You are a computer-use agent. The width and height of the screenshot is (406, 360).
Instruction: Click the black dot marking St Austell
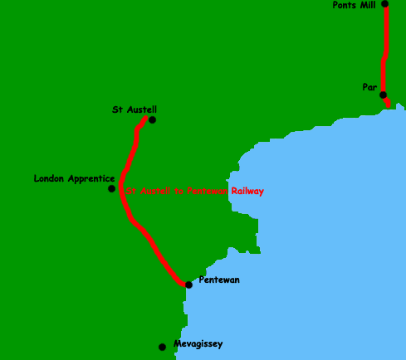152,119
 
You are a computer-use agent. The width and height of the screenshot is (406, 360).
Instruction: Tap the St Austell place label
135,109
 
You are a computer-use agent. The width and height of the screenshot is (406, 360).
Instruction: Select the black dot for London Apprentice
112,189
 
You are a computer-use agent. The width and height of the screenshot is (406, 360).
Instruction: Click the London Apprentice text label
74,178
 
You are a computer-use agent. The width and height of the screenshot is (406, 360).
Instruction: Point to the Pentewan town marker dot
188,285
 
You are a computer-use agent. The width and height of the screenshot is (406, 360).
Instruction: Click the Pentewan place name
219,280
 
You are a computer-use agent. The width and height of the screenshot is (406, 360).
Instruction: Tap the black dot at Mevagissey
163,347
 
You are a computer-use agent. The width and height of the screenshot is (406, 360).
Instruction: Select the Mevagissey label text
198,343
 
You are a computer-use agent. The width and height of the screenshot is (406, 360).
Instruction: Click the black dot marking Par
383,95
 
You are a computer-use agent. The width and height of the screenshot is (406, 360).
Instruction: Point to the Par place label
370,86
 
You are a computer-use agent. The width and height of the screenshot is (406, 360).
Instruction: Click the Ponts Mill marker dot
385,4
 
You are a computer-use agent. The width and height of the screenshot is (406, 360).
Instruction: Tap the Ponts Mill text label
354,5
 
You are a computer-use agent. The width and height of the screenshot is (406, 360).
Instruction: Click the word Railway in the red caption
247,191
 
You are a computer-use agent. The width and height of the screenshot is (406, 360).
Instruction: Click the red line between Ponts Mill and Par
384,50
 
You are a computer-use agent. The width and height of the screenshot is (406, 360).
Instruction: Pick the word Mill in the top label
369,5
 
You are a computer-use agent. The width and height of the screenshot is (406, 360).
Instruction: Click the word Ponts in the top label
345,5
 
